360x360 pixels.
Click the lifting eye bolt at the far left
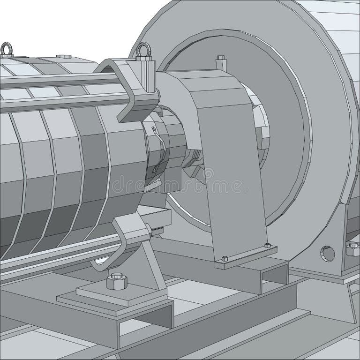(7, 49)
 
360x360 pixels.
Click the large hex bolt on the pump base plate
(116, 281)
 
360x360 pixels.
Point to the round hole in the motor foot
(328, 253)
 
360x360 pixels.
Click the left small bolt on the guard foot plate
(225, 258)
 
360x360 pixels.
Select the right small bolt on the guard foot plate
(267, 245)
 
